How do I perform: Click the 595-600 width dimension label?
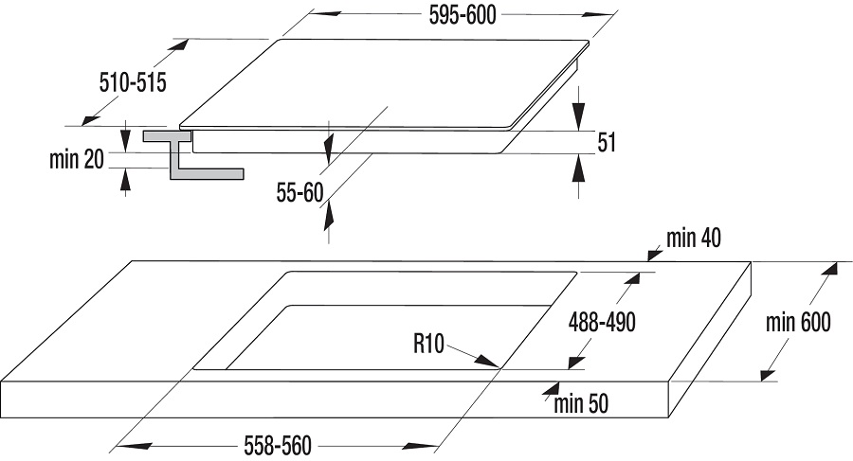click(463, 15)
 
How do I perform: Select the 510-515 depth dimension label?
click(133, 83)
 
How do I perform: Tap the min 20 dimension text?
click(76, 160)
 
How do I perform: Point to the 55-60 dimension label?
click(299, 192)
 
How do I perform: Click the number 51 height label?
click(607, 142)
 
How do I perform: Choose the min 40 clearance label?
click(694, 239)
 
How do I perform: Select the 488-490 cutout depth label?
click(602, 323)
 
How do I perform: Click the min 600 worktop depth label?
click(798, 323)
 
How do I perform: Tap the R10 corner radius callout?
click(428, 344)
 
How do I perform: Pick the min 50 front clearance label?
click(581, 404)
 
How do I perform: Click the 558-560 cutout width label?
click(278, 446)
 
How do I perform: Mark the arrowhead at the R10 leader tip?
click(487, 362)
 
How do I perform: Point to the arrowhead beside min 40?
click(654, 254)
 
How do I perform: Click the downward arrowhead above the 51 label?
click(579, 116)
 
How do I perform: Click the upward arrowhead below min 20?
click(126, 180)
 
